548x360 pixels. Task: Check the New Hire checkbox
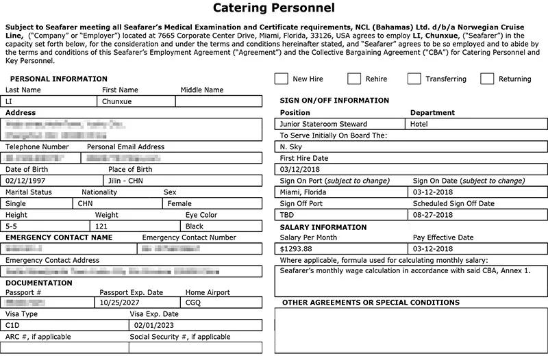click(x=281, y=79)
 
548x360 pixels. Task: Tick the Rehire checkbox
click(x=354, y=79)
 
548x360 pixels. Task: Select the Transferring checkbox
click(x=414, y=79)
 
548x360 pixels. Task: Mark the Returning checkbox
click(x=487, y=79)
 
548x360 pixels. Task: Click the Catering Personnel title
click(x=274, y=9)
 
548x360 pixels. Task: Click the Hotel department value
click(x=419, y=124)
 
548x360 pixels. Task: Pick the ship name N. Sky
click(x=293, y=146)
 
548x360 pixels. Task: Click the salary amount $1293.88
click(x=296, y=248)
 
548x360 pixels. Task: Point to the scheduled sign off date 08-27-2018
click(x=433, y=214)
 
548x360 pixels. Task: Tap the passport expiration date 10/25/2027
click(x=120, y=302)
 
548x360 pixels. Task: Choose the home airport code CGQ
click(x=194, y=302)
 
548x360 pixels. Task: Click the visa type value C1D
click(x=13, y=326)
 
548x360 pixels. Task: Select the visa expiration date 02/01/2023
click(x=155, y=326)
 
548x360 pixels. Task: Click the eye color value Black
click(x=195, y=226)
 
